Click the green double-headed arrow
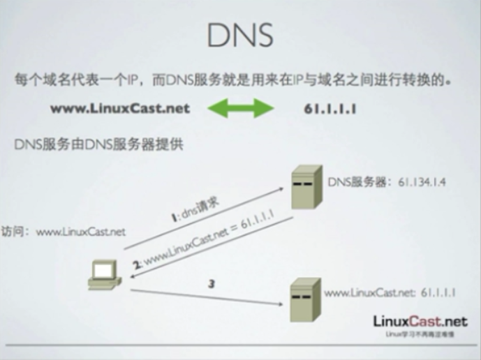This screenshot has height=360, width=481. click(241, 108)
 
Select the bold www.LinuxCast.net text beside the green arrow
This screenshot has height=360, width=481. click(119, 109)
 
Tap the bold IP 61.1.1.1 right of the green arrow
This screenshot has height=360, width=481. click(330, 109)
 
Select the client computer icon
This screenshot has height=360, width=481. click(103, 274)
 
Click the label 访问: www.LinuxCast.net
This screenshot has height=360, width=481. click(64, 231)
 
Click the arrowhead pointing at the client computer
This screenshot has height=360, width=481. click(128, 277)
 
